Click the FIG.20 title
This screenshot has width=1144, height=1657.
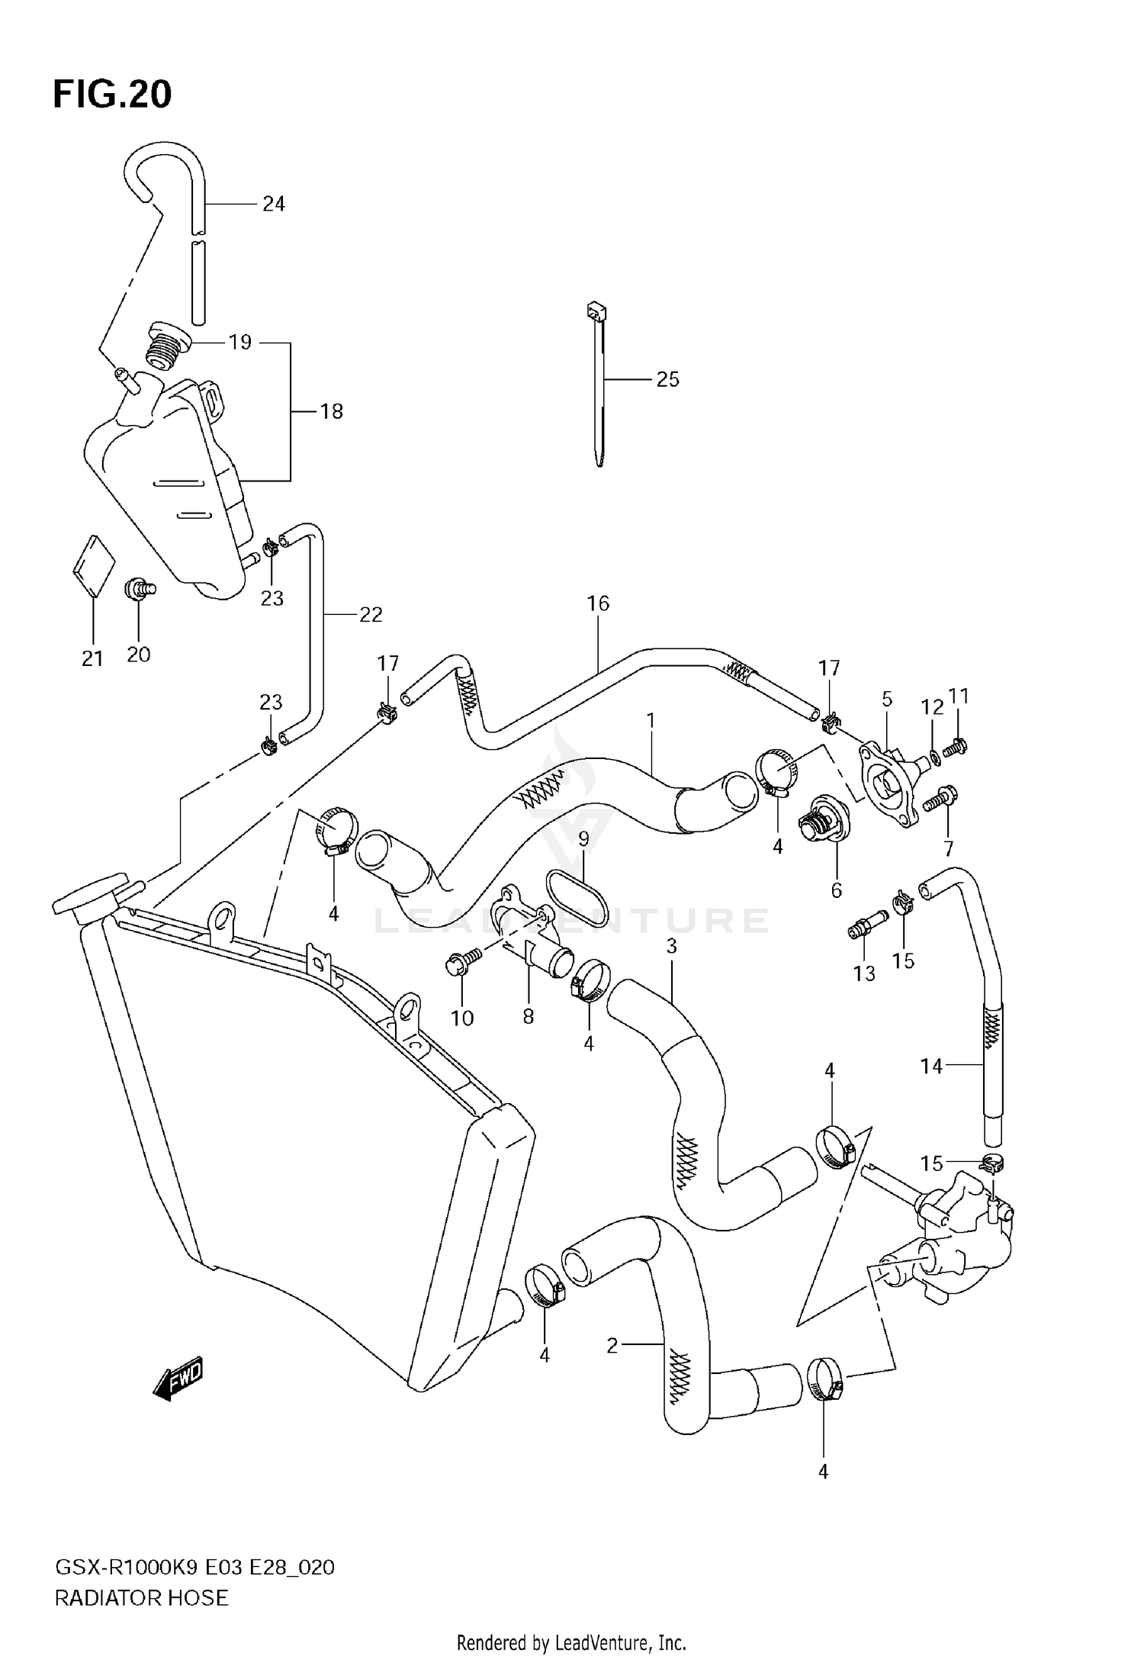(x=112, y=95)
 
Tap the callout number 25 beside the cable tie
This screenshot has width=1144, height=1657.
(x=667, y=379)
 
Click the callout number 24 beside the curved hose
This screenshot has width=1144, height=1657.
(x=273, y=204)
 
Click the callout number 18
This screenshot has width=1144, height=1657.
(x=331, y=411)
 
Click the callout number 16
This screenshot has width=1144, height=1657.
(x=598, y=603)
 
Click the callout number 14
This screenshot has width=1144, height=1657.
(x=931, y=1066)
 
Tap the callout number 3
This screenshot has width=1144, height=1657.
(x=671, y=946)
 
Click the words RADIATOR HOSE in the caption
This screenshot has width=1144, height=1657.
(x=141, y=1597)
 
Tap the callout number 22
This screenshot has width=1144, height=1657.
(x=371, y=614)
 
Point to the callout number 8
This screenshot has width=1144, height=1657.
(x=528, y=1016)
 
